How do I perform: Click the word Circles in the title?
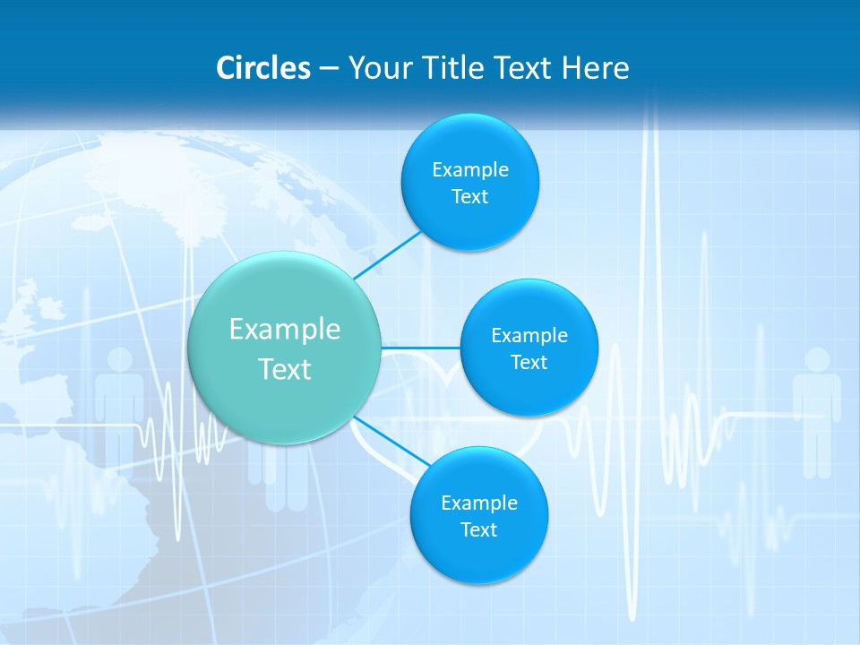click(263, 68)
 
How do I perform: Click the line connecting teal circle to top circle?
click(388, 255)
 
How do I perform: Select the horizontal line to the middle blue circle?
click(421, 348)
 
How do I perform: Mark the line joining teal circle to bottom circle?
click(392, 442)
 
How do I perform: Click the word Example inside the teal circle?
click(285, 330)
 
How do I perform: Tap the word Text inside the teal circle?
click(285, 369)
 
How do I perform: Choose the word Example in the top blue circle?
click(470, 170)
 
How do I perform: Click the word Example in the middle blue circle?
click(529, 336)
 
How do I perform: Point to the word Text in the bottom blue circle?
click(478, 530)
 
